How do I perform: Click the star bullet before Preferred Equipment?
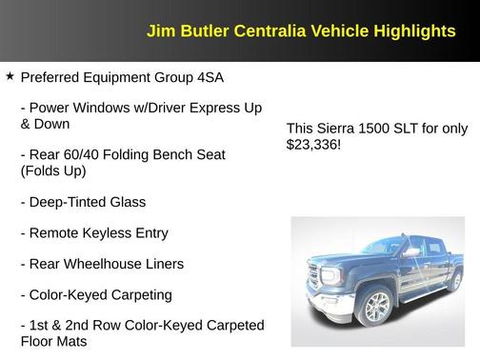(x=10, y=76)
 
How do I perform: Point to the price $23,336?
(x=313, y=146)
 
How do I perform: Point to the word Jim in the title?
(x=158, y=31)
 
